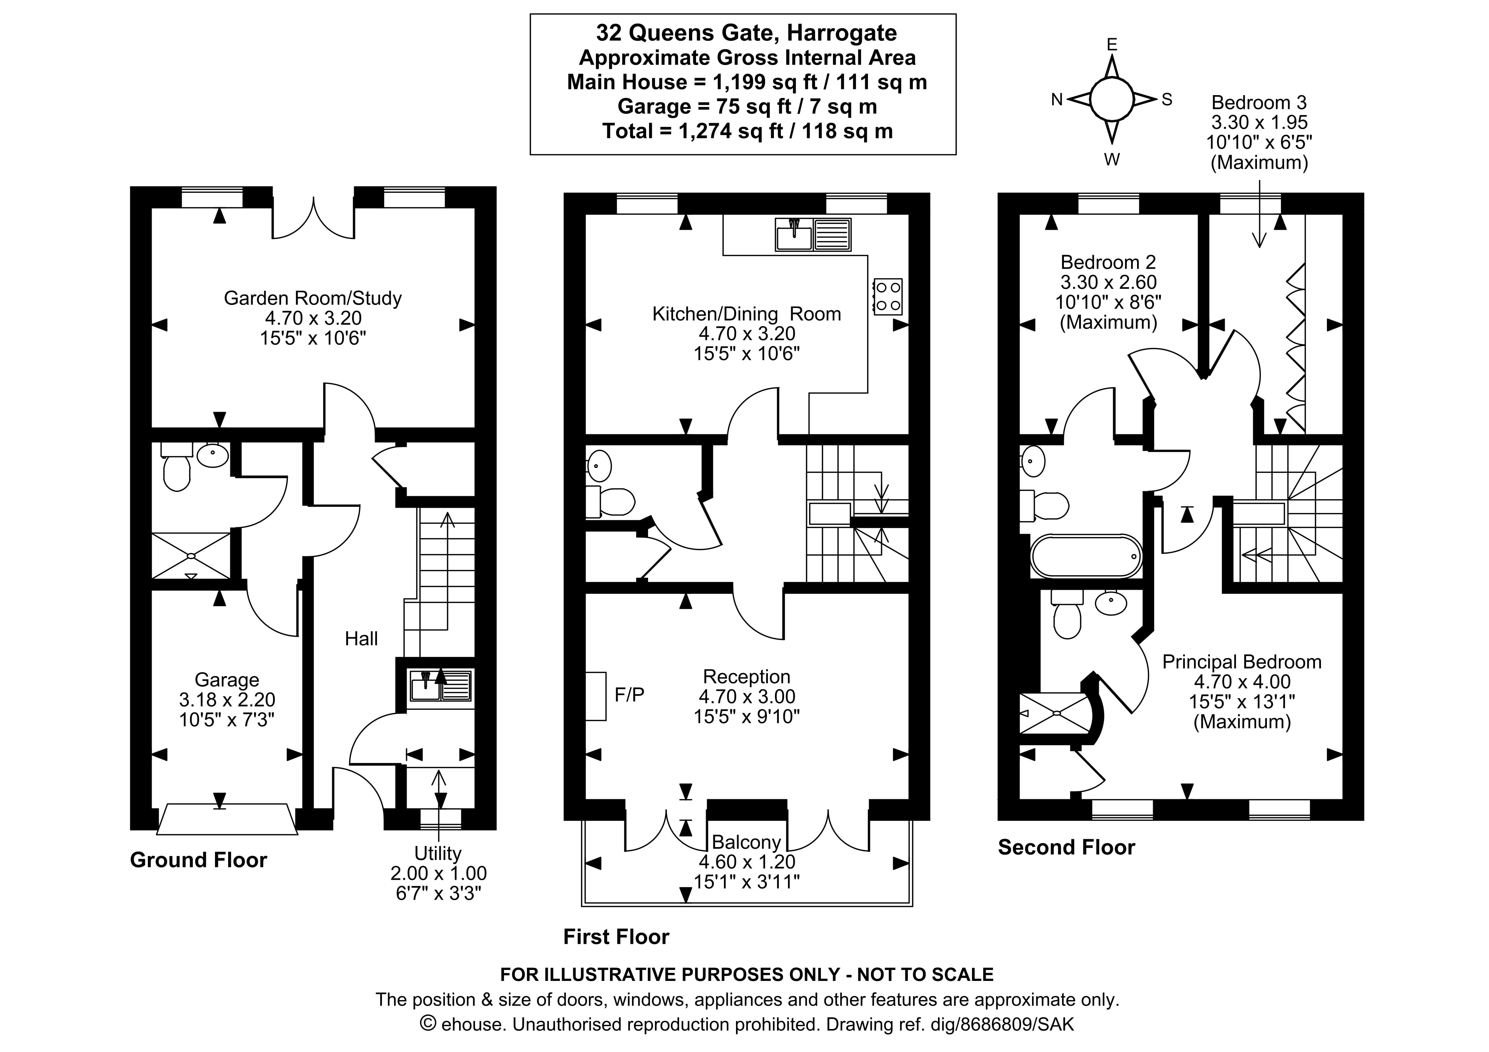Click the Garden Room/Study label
[x=313, y=298]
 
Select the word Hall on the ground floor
[x=361, y=639]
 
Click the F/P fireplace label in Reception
[x=629, y=694]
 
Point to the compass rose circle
[x=1112, y=99]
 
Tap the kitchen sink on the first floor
[x=813, y=235]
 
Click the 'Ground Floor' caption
[x=198, y=860]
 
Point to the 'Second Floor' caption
[x=1066, y=847]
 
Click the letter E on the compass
[x=1112, y=44]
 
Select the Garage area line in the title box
[x=747, y=106]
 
